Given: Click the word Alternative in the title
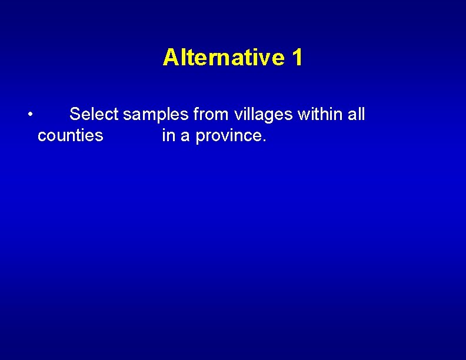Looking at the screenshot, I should [224, 58].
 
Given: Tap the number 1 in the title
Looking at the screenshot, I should [297, 58].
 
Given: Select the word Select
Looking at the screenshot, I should [94, 114].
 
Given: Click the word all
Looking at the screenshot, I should [357, 114].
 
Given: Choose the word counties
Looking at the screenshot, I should [70, 136].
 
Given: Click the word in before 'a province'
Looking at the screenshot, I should [168, 136].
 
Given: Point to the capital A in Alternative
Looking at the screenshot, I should [170, 58].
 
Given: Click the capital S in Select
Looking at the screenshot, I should [75, 114].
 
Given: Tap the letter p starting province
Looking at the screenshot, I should [200, 138].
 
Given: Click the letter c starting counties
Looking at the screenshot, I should [41, 137].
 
